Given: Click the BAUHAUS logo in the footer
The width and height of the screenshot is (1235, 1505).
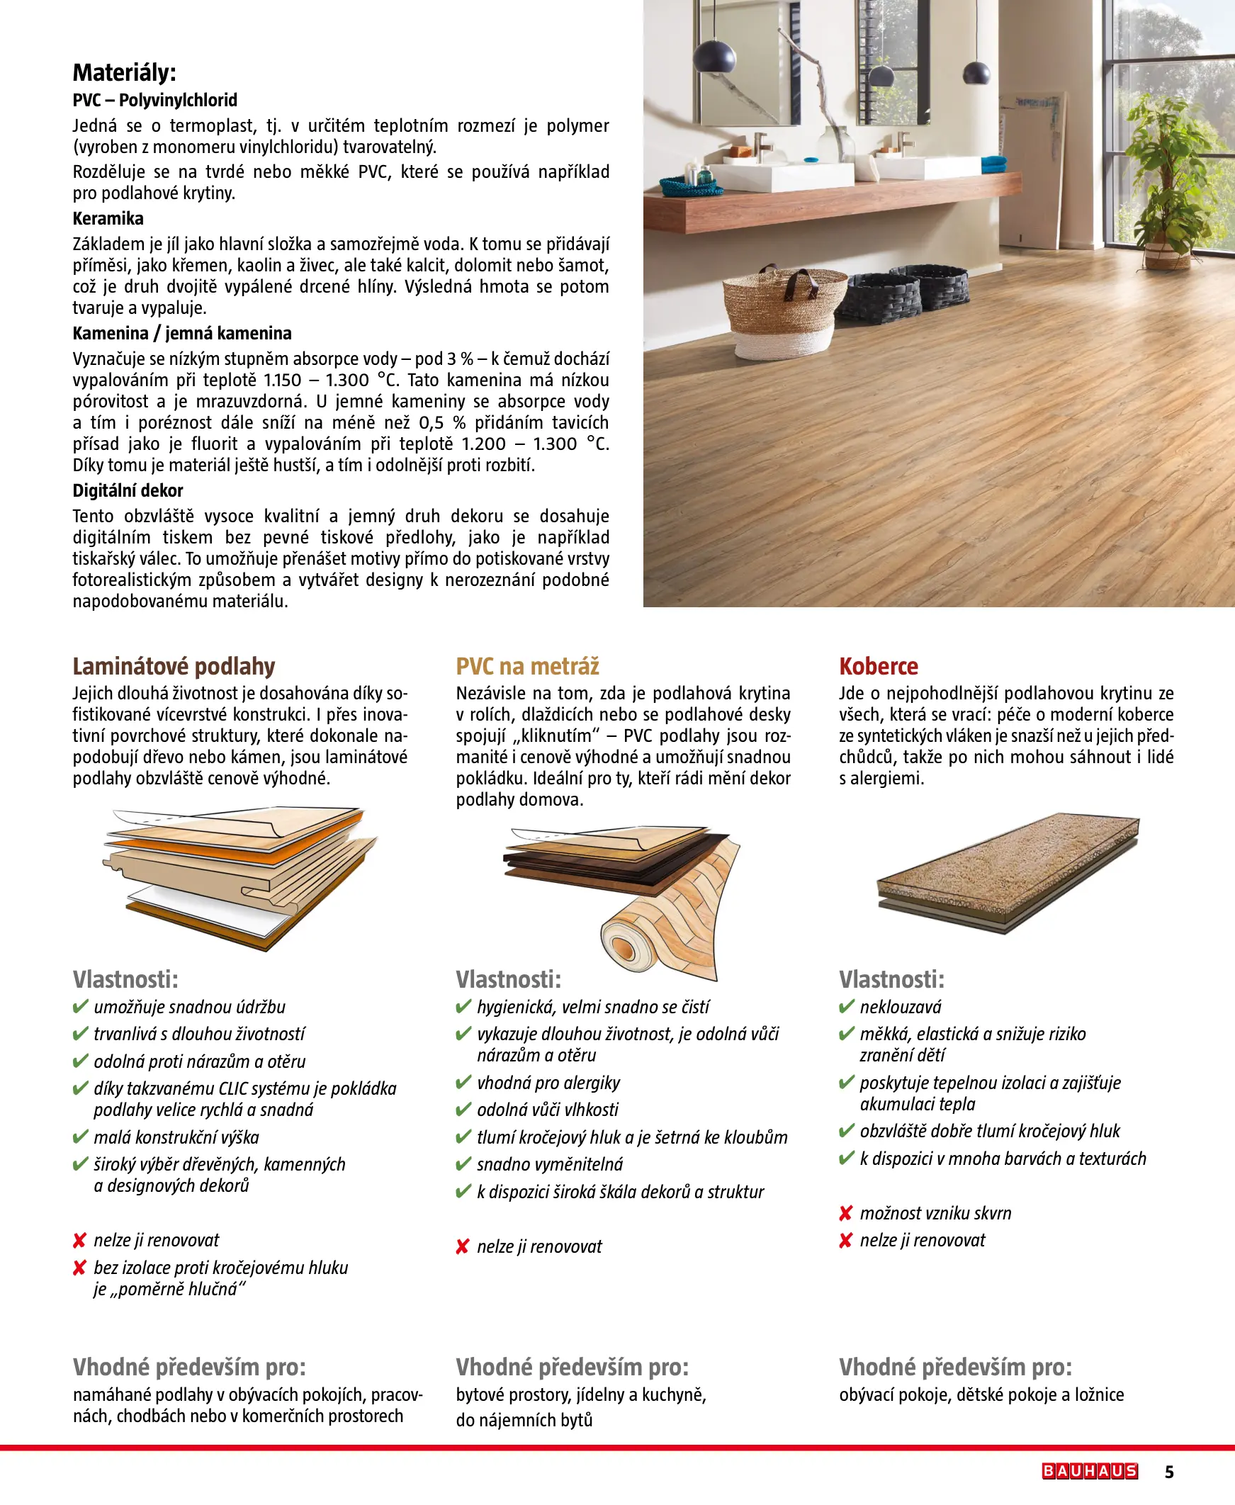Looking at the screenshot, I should click(x=1089, y=1471).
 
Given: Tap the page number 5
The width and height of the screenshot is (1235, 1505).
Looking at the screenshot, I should click(x=1169, y=1472).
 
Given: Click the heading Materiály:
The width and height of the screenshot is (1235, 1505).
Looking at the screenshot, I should click(x=124, y=72).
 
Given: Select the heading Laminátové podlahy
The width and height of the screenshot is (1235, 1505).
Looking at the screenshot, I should click(x=174, y=667).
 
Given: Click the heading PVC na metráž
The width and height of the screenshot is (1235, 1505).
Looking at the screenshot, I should click(x=527, y=667).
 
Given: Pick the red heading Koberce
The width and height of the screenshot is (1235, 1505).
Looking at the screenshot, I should click(x=878, y=667).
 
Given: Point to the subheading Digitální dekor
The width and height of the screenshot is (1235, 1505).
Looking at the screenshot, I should click(x=128, y=490).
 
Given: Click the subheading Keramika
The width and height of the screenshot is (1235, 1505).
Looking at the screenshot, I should click(x=108, y=218).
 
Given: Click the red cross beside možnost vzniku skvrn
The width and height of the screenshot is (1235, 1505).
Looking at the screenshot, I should click(x=845, y=1213).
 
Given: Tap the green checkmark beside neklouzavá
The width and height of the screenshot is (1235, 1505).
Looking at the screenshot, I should click(x=846, y=1007).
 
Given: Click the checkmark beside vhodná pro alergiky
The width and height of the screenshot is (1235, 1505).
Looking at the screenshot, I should click(x=463, y=1083).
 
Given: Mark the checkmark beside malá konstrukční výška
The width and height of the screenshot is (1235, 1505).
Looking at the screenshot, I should click(x=79, y=1137).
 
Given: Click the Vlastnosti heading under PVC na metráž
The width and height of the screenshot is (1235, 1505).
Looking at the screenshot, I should click(x=508, y=979).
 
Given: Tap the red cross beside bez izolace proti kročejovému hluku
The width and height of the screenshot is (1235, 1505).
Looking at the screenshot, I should click(x=79, y=1268).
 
